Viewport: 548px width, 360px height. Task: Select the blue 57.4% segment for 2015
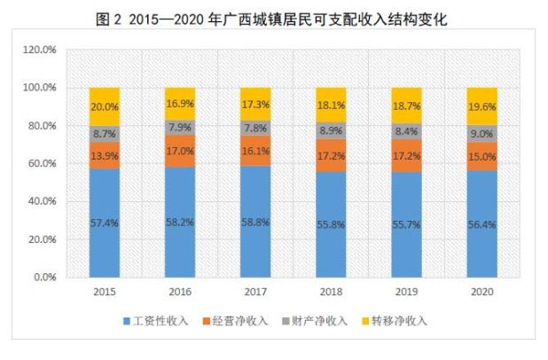click(x=104, y=223)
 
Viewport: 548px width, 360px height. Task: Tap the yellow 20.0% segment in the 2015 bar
click(x=104, y=106)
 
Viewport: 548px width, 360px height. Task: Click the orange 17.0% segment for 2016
click(x=179, y=150)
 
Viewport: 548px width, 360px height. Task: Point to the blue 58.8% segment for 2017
click(x=254, y=221)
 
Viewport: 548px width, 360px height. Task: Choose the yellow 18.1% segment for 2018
click(x=331, y=105)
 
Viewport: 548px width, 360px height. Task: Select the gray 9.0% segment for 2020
click(x=481, y=134)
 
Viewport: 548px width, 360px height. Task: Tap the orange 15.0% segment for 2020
click(x=481, y=156)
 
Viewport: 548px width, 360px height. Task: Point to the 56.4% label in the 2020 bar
click(x=481, y=222)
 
